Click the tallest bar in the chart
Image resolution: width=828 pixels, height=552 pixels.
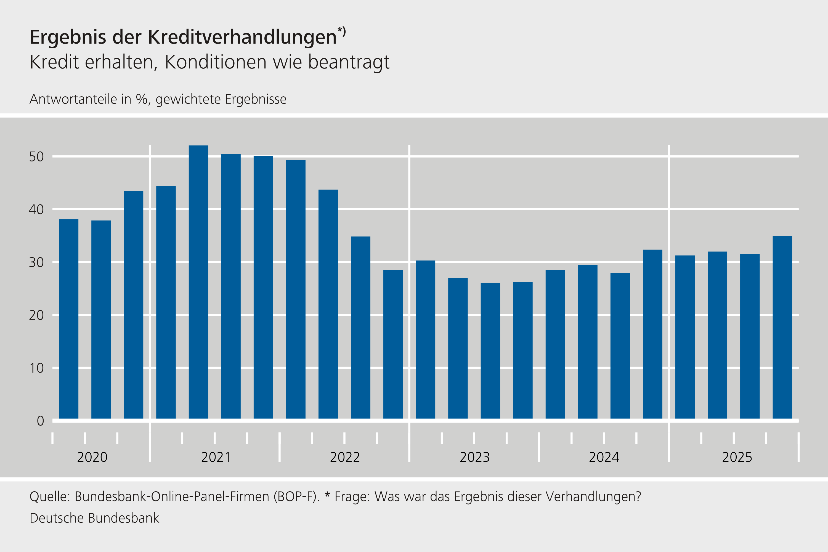point(198,282)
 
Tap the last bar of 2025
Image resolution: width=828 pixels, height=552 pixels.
point(782,327)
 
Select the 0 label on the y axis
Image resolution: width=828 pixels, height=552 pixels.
point(41,421)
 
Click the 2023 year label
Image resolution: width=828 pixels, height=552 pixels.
point(474,457)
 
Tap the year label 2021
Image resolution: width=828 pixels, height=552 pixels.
point(216,457)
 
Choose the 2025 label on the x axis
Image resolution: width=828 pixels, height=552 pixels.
point(737,457)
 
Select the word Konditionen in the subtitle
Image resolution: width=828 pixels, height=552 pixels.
point(216,62)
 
